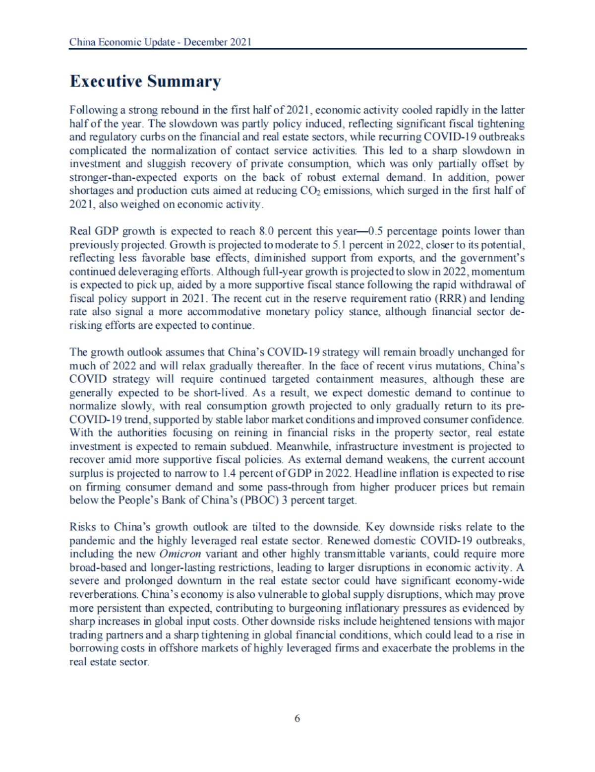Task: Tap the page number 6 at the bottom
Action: [297, 718]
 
